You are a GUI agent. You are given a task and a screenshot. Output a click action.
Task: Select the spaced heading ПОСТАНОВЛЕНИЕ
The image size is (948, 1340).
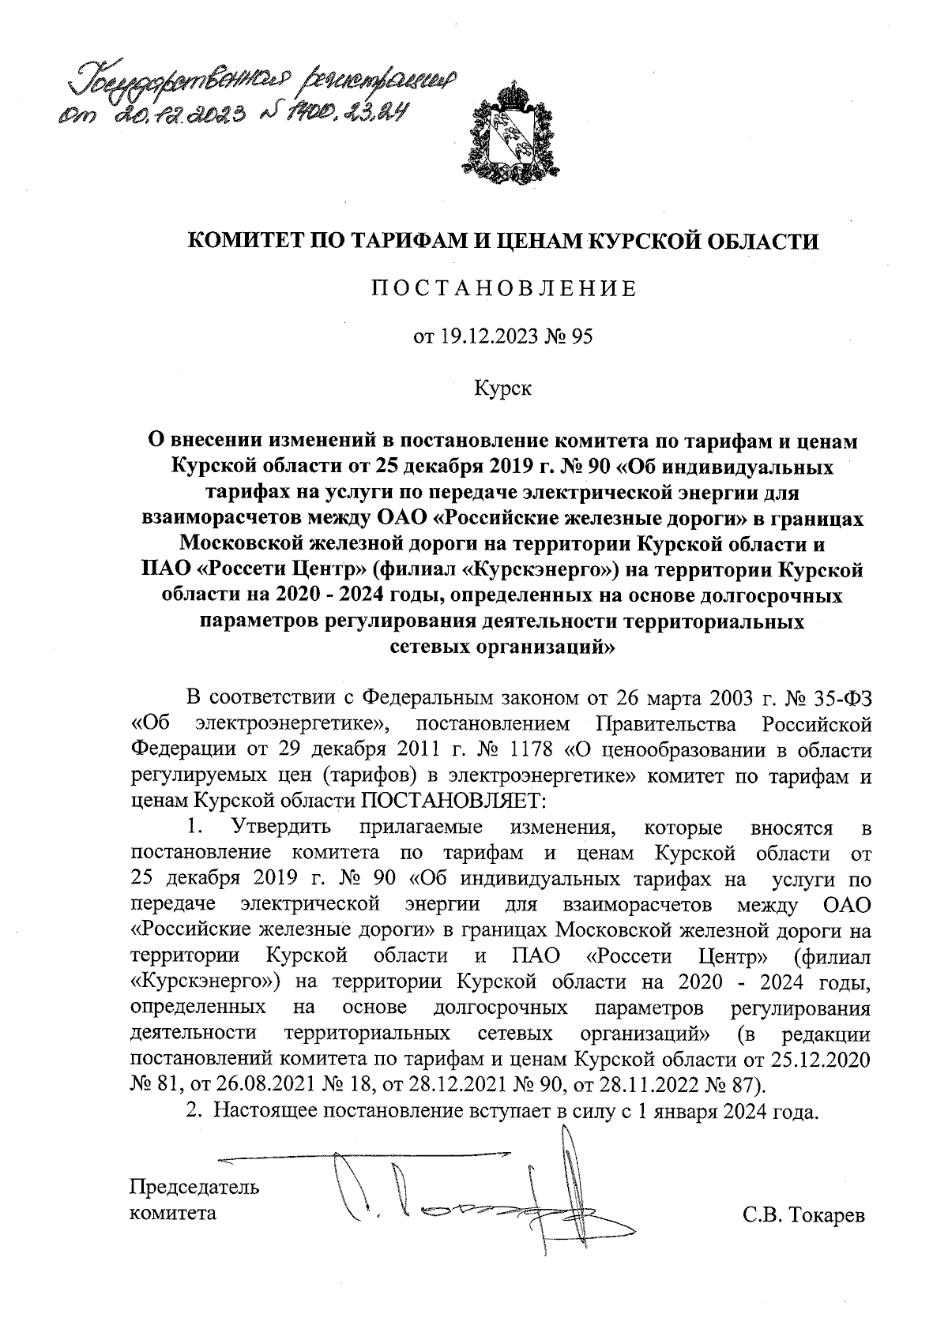503,289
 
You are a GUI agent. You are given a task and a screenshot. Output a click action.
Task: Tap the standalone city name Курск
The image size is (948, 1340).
503,388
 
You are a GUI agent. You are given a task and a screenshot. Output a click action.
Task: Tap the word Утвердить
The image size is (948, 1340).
280,828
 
